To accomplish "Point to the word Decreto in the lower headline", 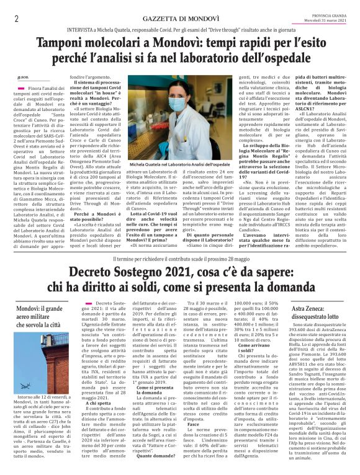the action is pos(94,272).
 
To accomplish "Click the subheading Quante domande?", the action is pos(156,455).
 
